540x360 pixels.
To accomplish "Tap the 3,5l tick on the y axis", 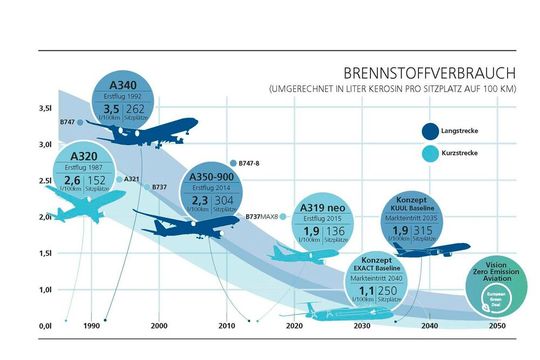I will click(x=45, y=108).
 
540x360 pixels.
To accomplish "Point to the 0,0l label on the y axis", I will click(x=45, y=325).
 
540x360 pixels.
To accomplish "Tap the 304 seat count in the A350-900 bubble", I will click(x=225, y=199).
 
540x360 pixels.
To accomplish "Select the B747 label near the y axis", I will click(x=67, y=121).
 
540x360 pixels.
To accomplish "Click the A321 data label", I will click(x=131, y=179).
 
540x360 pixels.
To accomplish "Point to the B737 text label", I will click(x=159, y=187).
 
